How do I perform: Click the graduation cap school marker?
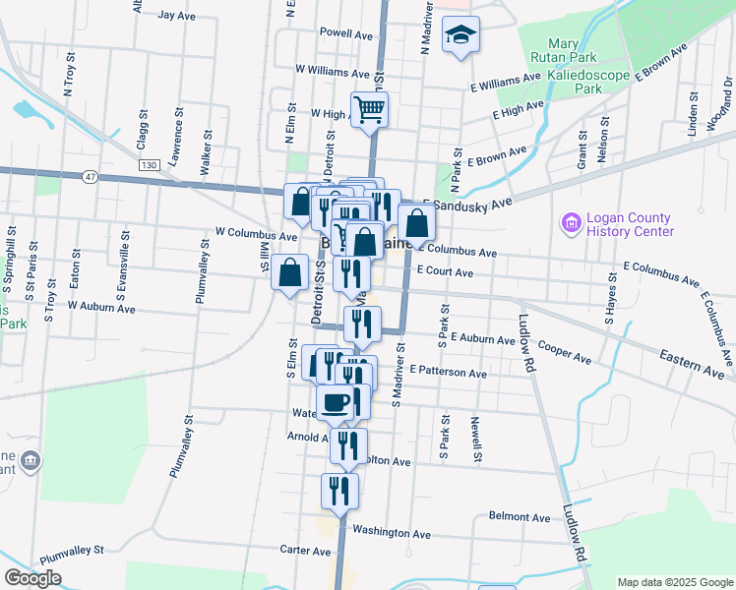tap(460, 36)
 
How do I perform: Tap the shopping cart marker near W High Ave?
tap(370, 109)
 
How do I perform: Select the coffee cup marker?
tap(336, 401)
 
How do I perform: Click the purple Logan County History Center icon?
tap(570, 224)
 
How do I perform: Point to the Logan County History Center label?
tap(628, 224)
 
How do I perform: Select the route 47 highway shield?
tap(91, 176)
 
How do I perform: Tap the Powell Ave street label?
tap(346, 32)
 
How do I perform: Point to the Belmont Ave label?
tap(520, 516)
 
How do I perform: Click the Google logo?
tap(32, 578)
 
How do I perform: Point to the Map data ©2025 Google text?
tap(675, 581)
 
